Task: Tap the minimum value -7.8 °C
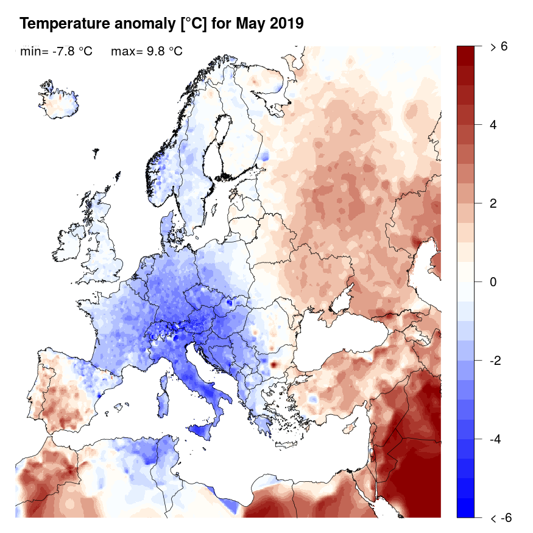pyautogui.click(x=72, y=52)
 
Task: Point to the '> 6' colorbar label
pyautogui.click(x=499, y=46)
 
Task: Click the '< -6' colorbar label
pyautogui.click(x=500, y=518)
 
